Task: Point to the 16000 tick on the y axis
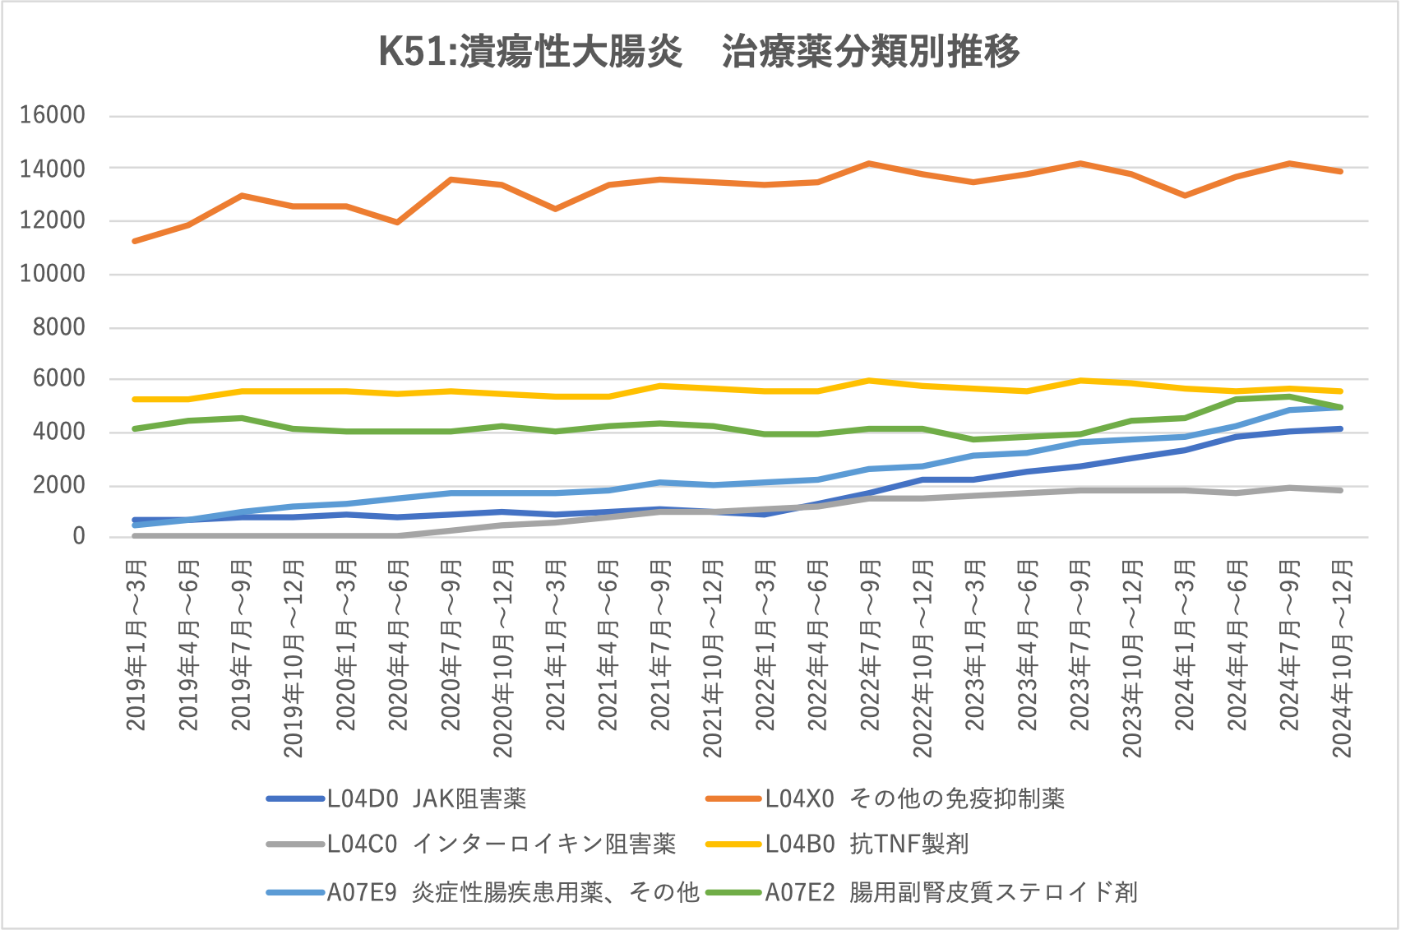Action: [x=53, y=115]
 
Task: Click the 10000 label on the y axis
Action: [x=53, y=274]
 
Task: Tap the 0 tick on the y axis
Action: [x=79, y=537]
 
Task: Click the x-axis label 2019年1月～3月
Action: [x=136, y=645]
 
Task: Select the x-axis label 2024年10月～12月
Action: [x=1342, y=658]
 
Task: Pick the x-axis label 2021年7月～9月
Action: [x=661, y=645]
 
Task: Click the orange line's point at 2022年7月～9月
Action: [x=870, y=164]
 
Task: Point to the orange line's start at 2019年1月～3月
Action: [x=136, y=241]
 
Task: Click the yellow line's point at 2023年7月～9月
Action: [x=1080, y=381]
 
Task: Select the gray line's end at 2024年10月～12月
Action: [x=1341, y=490]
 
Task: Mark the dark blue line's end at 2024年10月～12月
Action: [x=1341, y=428]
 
